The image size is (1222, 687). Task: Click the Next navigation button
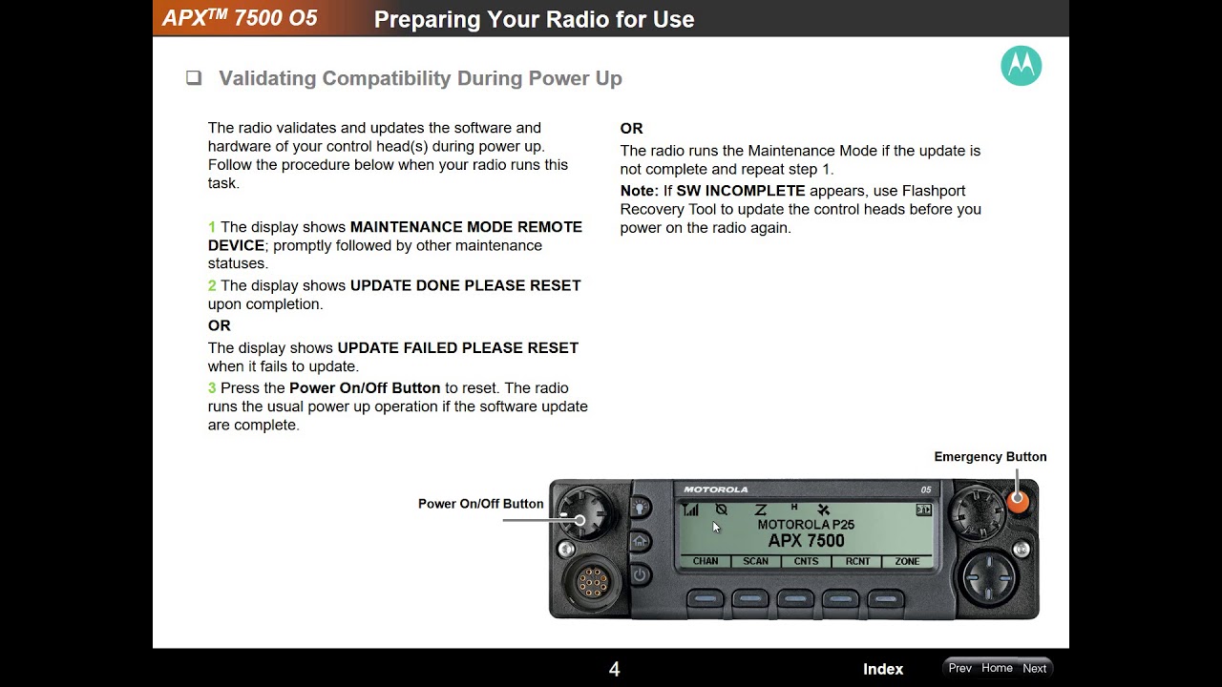[x=1034, y=668]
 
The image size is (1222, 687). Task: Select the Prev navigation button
[x=960, y=668]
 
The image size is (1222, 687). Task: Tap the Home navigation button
[x=997, y=668]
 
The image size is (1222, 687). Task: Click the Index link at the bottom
[x=883, y=669]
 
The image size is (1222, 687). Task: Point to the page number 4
[x=614, y=669]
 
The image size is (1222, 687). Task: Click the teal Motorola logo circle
[x=1022, y=66]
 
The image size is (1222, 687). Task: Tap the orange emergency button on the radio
[x=1018, y=500]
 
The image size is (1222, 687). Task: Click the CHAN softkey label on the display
[x=706, y=561]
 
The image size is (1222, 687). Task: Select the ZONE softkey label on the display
[x=907, y=561]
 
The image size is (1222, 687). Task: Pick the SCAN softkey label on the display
[x=755, y=561]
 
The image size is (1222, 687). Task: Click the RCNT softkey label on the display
[x=857, y=561]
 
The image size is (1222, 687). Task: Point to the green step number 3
[x=212, y=388]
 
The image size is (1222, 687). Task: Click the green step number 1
[x=212, y=227]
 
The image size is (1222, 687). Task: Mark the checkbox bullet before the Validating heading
[x=194, y=78]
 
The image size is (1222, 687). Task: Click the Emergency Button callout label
[x=990, y=457]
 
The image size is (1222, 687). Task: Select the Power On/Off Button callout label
[x=480, y=504]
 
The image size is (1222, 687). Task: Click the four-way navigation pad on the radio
[x=988, y=577]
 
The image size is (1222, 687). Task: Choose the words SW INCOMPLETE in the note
[x=740, y=191]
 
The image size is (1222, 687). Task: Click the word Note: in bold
[x=640, y=191]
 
